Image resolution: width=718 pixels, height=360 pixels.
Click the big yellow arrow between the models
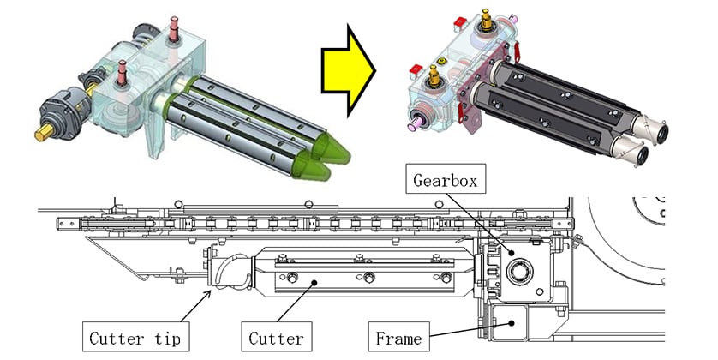pos(348,71)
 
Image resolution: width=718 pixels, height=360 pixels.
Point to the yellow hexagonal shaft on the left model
pos(45,132)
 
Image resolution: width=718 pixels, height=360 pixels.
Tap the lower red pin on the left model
pos(122,73)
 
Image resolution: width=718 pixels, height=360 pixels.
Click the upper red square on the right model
pos(459,22)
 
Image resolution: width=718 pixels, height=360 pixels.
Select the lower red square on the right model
pos(416,71)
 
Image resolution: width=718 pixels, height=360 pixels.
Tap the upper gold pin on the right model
pos(487,19)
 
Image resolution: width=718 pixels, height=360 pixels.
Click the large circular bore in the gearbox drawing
pos(520,271)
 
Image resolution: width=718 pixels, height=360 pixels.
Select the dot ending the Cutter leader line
pos(314,283)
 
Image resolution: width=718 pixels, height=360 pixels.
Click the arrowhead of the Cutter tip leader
pos(208,291)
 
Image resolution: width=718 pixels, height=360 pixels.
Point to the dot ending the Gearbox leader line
pos(511,252)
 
